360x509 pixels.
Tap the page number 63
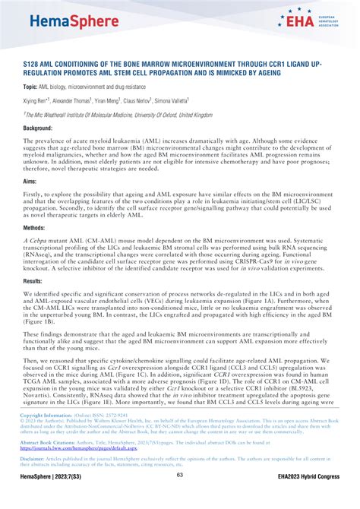click(x=180, y=497)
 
